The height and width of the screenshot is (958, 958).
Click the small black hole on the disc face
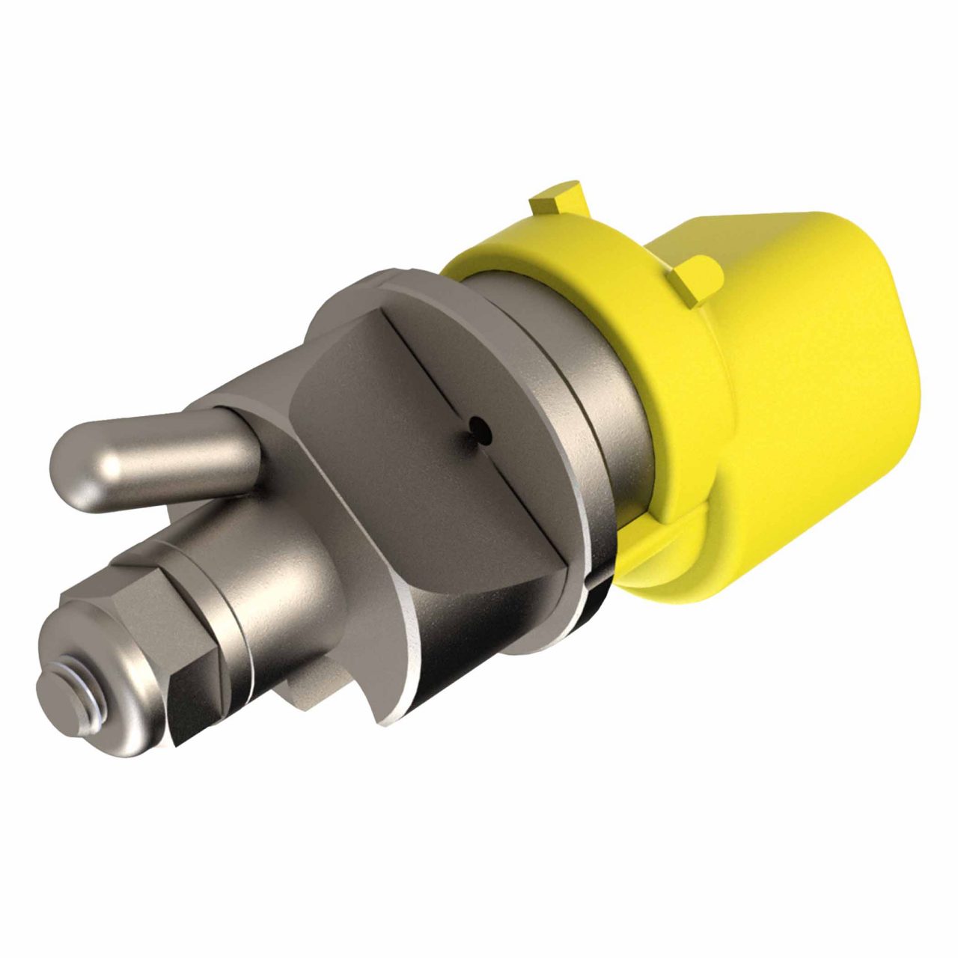tap(476, 427)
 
